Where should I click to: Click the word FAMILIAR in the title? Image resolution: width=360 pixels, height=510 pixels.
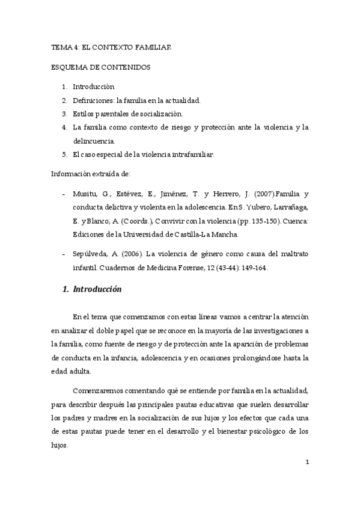[153, 47]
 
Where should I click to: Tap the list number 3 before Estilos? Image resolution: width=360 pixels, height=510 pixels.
[64, 113]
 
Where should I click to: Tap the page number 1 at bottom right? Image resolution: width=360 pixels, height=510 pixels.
[307, 462]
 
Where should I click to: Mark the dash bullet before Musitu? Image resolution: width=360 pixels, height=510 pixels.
[64, 194]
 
